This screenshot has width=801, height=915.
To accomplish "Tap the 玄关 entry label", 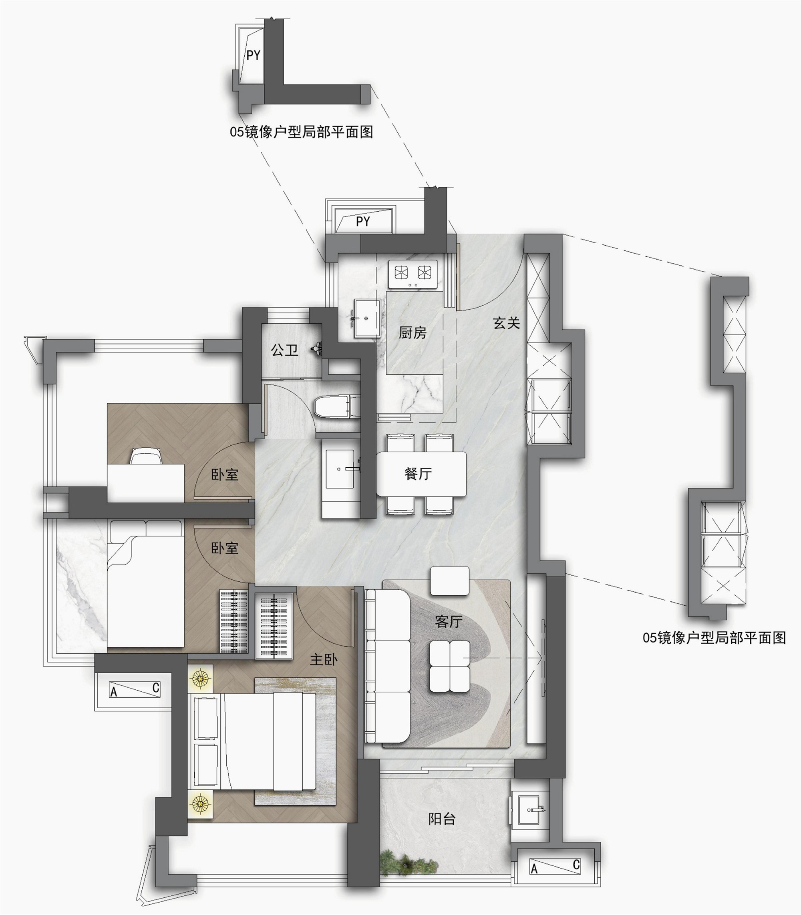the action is click(x=507, y=323).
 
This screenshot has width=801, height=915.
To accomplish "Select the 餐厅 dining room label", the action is click(x=418, y=473).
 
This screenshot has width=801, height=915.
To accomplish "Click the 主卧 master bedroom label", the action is click(x=324, y=660).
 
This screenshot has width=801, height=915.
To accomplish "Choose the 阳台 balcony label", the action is click(x=442, y=819).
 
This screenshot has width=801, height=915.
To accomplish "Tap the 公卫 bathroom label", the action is click(x=284, y=350).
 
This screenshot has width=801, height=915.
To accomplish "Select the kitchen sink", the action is click(x=367, y=318).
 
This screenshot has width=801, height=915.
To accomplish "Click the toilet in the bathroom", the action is click(x=338, y=407).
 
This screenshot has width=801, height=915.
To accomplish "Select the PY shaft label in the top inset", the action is click(x=253, y=55).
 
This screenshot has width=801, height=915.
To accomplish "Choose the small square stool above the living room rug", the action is click(x=450, y=581).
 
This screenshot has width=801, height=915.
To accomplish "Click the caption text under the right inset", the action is click(x=714, y=638).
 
